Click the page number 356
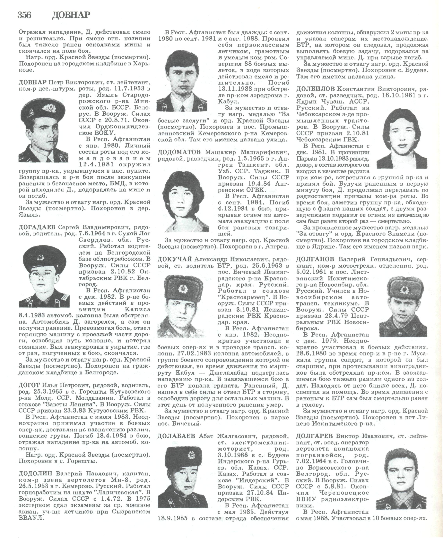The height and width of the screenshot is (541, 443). [x=24, y=15]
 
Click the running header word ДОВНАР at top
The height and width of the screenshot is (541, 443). [x=71, y=15]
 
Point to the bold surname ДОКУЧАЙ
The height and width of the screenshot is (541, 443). [x=175, y=260]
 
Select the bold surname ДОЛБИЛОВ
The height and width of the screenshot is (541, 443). [x=315, y=89]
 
